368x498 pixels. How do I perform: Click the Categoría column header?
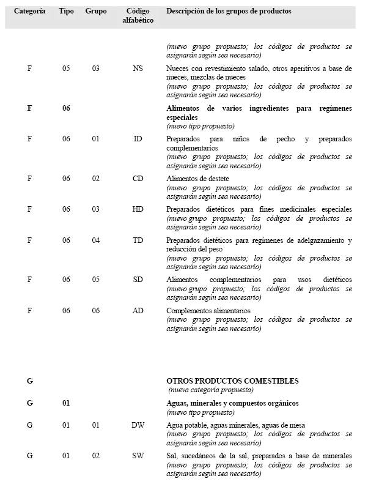pyautogui.click(x=29, y=12)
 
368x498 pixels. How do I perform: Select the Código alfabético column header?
pyautogui.click(x=138, y=16)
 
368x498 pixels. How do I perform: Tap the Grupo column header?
pyautogui.click(x=96, y=12)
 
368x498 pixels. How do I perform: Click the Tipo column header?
pyautogui.click(x=67, y=12)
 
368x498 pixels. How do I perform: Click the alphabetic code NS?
pyautogui.click(x=138, y=69)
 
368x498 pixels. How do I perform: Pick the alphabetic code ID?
pyautogui.click(x=138, y=139)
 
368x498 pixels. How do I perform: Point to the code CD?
pyautogui.click(x=138, y=179)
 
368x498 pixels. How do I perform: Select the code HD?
pyautogui.click(x=138, y=209)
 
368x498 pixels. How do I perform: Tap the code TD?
pyautogui.click(x=138, y=240)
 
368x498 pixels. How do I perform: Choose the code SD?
pyautogui.click(x=138, y=280)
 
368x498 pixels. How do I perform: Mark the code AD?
pyautogui.click(x=138, y=311)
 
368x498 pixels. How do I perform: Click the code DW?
pyautogui.click(x=138, y=425)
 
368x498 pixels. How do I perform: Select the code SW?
pyautogui.click(x=138, y=456)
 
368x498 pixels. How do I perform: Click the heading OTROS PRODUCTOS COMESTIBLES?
pyautogui.click(x=232, y=381)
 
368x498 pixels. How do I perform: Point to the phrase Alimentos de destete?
pyautogui.click(x=198, y=179)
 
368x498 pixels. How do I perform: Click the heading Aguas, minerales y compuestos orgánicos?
pyautogui.click(x=232, y=404)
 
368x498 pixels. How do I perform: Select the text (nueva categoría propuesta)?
pyautogui.click(x=211, y=390)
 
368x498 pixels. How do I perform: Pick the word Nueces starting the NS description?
pyautogui.click(x=177, y=69)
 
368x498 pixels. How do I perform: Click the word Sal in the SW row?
pyautogui.click(x=172, y=456)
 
